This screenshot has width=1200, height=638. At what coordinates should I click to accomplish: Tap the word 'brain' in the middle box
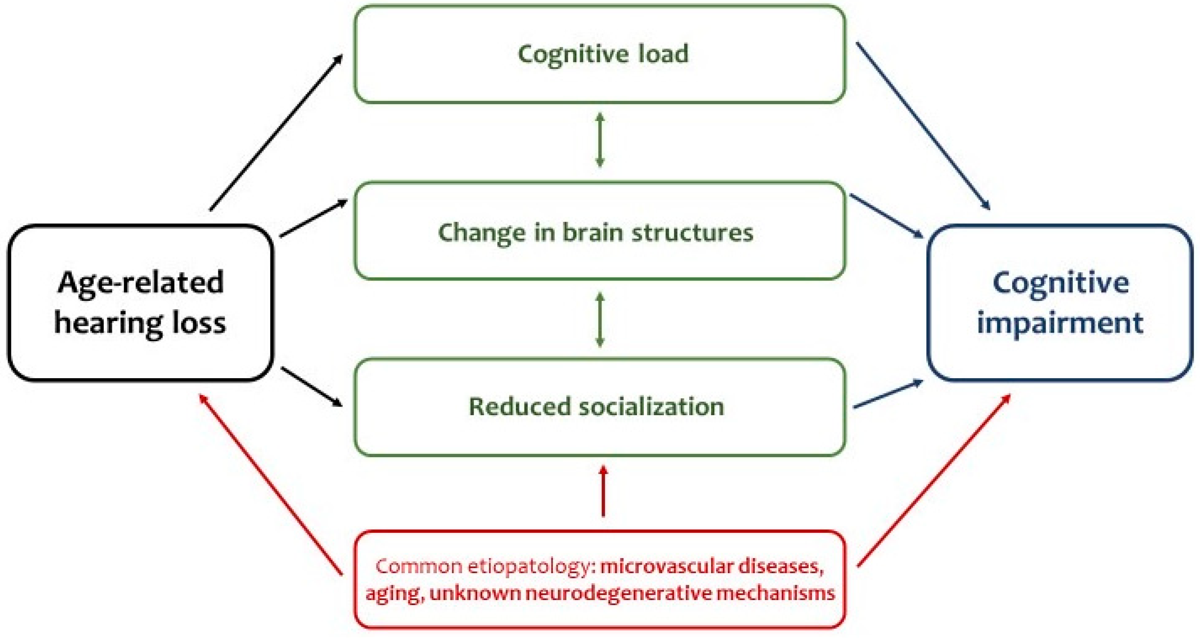[x=592, y=232]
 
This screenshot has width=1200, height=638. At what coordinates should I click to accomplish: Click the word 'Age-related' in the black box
[x=141, y=283]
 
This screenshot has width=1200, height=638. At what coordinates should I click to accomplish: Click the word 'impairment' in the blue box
[x=1060, y=323]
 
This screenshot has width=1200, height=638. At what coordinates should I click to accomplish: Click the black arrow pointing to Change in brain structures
[x=314, y=218]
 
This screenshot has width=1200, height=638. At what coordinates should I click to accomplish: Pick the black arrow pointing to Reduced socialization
[x=312, y=387]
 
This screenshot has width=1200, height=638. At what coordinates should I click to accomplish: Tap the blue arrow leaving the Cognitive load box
[x=923, y=126]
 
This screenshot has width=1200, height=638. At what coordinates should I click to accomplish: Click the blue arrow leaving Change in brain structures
[x=887, y=216]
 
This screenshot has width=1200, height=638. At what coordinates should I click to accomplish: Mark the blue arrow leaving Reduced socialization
[x=888, y=394]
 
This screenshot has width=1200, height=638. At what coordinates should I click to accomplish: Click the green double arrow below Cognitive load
[x=600, y=140]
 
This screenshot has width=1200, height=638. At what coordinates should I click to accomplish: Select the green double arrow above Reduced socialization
[x=600, y=320]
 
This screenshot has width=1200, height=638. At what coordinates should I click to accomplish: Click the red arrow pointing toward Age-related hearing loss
[x=271, y=484]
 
